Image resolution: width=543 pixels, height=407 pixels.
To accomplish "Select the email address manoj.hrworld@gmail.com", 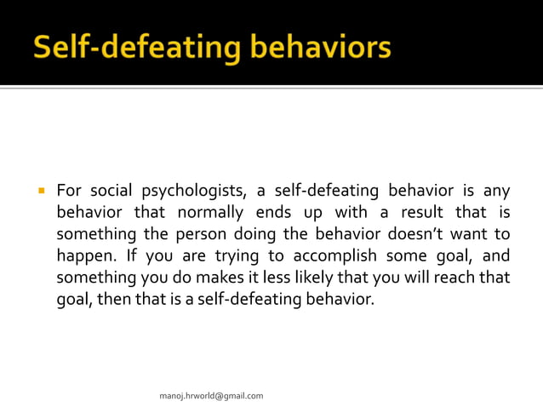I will pos(211,396).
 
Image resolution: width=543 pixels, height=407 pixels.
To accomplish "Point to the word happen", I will pos(83,256).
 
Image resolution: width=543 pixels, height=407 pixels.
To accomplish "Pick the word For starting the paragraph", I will pos(68,189).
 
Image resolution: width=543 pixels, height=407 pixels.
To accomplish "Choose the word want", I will pos(471,233).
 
